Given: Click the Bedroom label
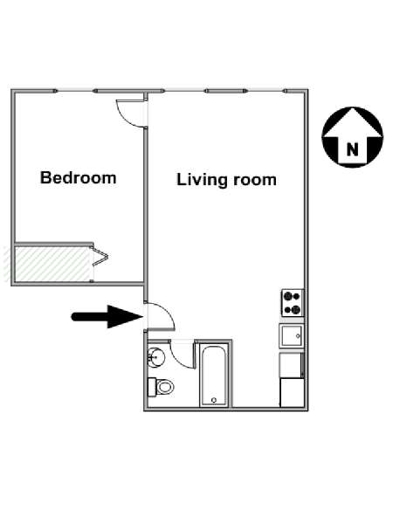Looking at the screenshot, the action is coord(79,177).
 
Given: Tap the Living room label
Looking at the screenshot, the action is coord(226,180).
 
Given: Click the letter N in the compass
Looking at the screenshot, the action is coord(352,149).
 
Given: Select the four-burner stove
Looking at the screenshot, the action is coord(293,303).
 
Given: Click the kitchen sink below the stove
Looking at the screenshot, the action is coord(292,336).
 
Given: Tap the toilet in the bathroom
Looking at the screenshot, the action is coord(161,387).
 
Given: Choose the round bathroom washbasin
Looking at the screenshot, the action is coord(156,357).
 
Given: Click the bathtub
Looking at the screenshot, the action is coord(214,376).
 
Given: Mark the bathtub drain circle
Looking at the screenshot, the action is coord(214,400).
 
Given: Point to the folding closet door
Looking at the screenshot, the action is coord(100,257).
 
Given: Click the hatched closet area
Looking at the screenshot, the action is coord(53,264).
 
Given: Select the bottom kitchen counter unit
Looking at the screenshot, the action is coord(292,393).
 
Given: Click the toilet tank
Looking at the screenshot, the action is coord(152,387).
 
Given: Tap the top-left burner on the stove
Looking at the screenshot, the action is coord(287,296).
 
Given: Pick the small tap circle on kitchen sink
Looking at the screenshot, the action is coord(298,336).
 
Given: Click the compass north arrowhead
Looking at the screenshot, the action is coord(353,122).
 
